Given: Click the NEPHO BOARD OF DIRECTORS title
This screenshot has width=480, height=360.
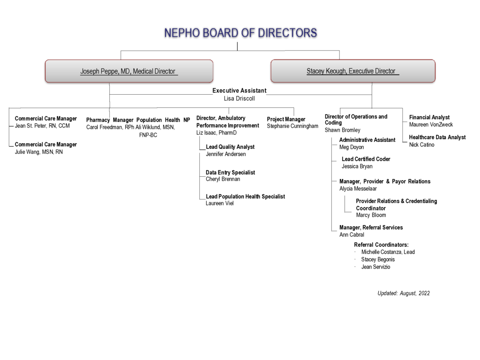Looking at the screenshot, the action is (240, 33).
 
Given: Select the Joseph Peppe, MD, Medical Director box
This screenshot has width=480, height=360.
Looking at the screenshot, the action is (129, 71).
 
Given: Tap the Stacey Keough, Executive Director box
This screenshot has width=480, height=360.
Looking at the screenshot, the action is (353, 71).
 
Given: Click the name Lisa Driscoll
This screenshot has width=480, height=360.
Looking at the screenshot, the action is (239, 98).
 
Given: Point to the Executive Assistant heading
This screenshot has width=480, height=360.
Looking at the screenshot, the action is (240, 90).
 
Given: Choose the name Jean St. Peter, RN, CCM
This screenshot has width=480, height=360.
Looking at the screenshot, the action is (42, 126).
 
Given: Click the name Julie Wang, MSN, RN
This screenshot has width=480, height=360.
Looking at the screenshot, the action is (39, 152).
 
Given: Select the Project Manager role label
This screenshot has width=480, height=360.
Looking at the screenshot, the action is (286, 119).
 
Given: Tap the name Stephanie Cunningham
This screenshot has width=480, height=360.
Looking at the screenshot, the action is (292, 126).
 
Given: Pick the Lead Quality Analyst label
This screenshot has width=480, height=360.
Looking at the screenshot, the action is (230, 147).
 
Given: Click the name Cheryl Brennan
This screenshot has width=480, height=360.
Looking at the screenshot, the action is (223, 179).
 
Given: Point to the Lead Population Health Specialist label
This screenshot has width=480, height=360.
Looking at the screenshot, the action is (245, 196).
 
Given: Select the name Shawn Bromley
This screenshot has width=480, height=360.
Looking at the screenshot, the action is (343, 130).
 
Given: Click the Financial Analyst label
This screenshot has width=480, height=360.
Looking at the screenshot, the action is (429, 117).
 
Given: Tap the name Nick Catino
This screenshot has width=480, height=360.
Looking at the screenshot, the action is (421, 145).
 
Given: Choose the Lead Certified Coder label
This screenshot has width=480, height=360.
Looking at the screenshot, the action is (366, 159).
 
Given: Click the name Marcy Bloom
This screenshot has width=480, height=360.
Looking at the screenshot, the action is (371, 215).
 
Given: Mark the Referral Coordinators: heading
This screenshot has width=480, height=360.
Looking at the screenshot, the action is (381, 245).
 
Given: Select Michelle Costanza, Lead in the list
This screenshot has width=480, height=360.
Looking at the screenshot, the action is (388, 252).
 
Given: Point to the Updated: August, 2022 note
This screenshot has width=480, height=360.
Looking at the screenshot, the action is (404, 293).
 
